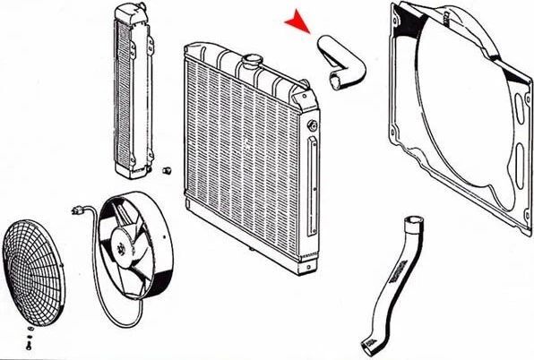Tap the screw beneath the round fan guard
(30, 343)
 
